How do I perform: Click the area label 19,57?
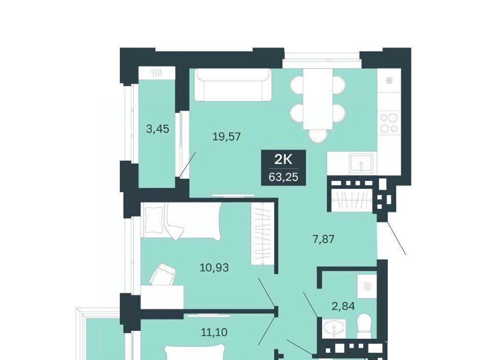(x=227, y=136)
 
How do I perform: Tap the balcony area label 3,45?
(x=158, y=128)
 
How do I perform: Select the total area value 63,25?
(x=283, y=177)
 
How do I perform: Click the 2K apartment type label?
(x=283, y=160)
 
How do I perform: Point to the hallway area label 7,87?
(x=323, y=239)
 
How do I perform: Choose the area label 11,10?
(x=214, y=333)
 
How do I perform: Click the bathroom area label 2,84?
(x=343, y=306)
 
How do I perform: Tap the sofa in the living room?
(x=233, y=85)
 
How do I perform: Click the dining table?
(x=318, y=99)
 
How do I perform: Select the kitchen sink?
(x=361, y=163)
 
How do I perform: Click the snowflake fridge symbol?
(x=388, y=81)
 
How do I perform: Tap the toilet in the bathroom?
(x=364, y=326)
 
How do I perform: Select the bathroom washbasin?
(x=334, y=328)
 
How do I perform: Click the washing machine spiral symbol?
(x=367, y=288)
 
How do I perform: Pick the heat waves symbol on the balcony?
(x=157, y=74)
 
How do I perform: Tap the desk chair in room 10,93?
(x=163, y=274)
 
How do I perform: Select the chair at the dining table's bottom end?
(x=318, y=135)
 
